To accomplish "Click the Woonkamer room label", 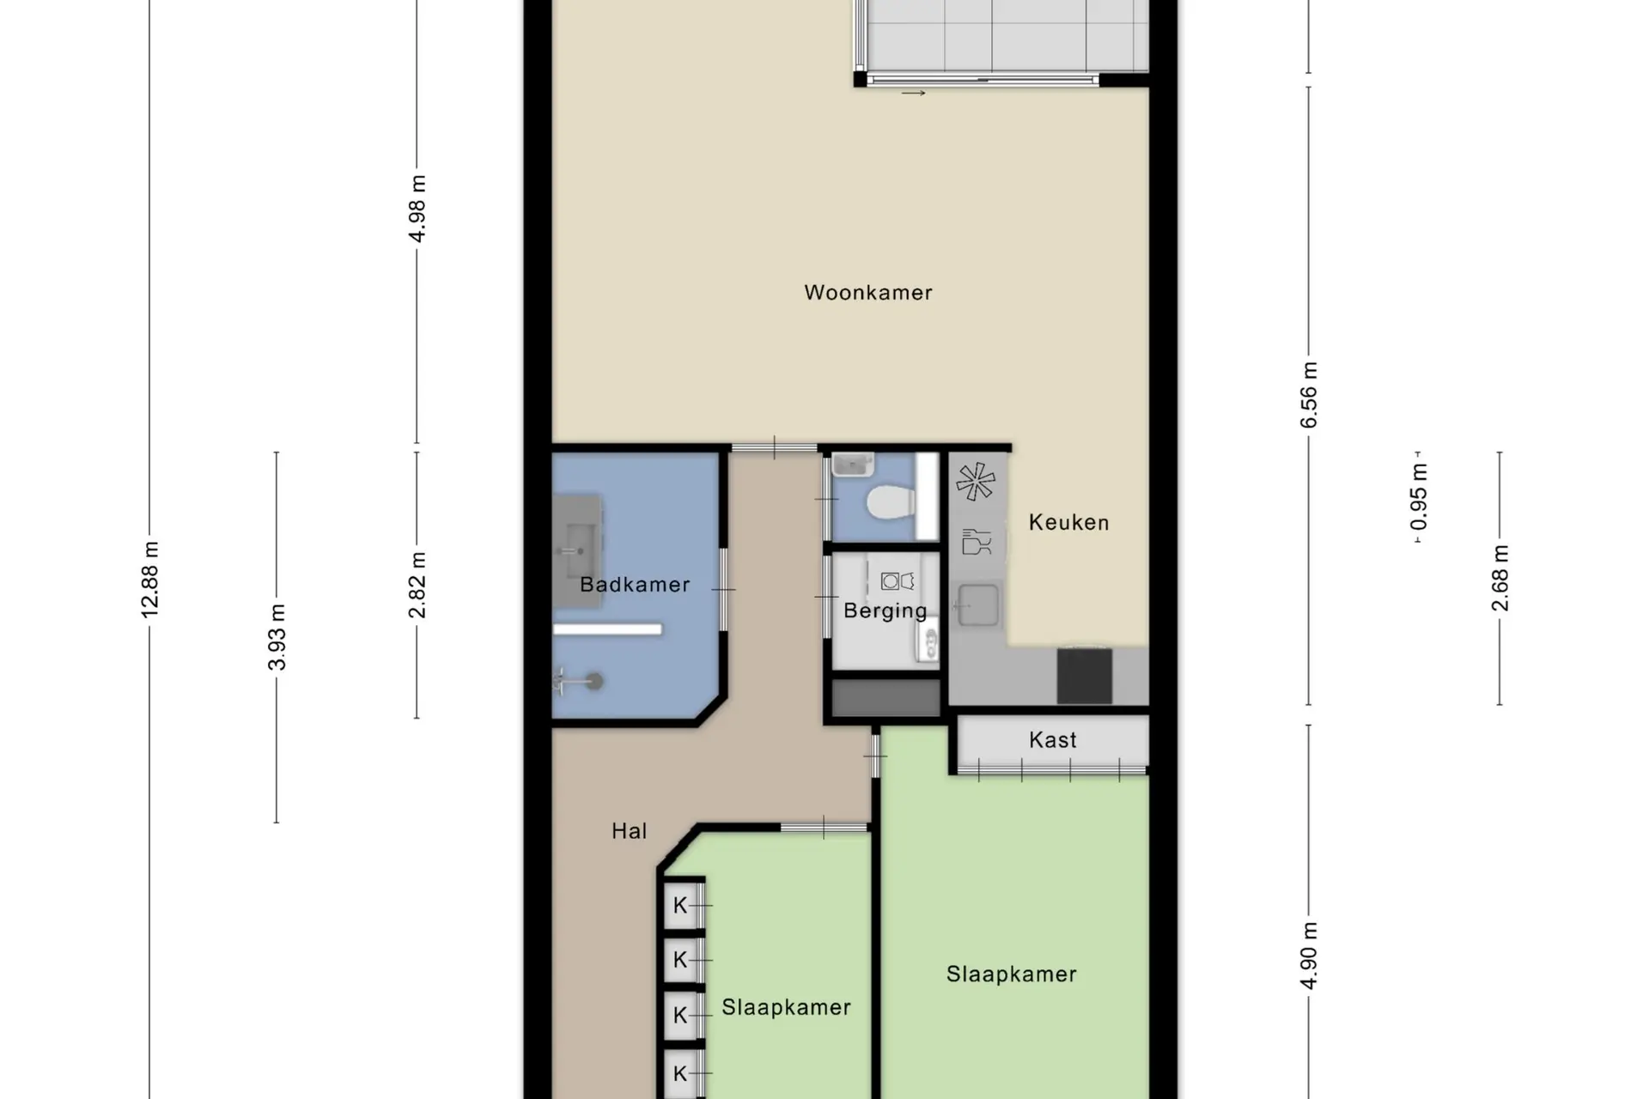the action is [868, 293].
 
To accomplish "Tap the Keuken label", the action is [1069, 523].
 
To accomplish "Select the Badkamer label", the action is [635, 585].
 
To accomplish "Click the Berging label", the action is [885, 610].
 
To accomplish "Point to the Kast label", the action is [1053, 740].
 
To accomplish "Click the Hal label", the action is [630, 831].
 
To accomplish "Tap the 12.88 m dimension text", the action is [150, 580].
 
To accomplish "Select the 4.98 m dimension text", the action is [417, 209].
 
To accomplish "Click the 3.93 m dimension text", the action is [277, 637].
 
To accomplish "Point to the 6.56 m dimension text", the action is [1309, 395].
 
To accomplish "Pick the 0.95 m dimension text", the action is [1419, 497].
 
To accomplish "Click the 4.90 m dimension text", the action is [1309, 956].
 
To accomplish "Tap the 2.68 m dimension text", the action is [1500, 578].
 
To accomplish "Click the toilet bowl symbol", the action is [889, 502].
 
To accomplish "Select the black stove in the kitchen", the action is [1085, 676].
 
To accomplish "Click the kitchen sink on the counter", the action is [978, 604].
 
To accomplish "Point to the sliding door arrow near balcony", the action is [914, 93].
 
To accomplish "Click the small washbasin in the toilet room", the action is [853, 464].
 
